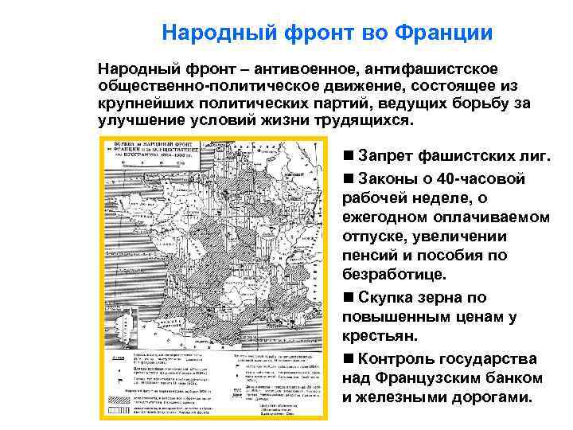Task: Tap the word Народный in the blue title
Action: click(x=208, y=33)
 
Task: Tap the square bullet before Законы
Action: click(x=348, y=178)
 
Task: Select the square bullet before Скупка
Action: click(x=348, y=297)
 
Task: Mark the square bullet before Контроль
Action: click(x=348, y=358)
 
